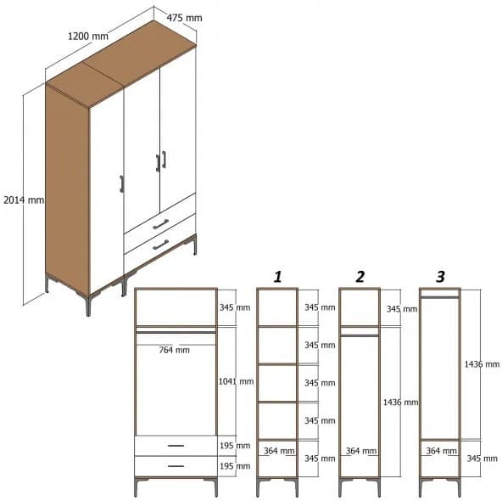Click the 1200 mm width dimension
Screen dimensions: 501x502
pyautogui.click(x=88, y=37)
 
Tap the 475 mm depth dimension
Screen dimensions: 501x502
pyautogui.click(x=184, y=18)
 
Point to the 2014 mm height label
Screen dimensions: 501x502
pyautogui.click(x=23, y=200)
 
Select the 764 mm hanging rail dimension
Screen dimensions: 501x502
pyautogui.click(x=176, y=349)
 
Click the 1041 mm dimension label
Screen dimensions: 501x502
pyautogui.click(x=235, y=381)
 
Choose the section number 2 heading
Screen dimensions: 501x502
pyautogui.click(x=360, y=277)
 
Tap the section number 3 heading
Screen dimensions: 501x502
pyautogui.click(x=439, y=277)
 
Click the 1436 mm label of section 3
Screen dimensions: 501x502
pyautogui.click(x=481, y=364)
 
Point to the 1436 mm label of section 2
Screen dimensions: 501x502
pyautogui.click(x=400, y=401)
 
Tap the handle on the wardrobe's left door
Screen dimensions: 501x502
pyautogui.click(x=122, y=184)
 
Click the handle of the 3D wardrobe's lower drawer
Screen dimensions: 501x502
pyautogui.click(x=159, y=245)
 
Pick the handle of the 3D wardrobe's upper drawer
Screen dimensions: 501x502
pyautogui.click(x=160, y=223)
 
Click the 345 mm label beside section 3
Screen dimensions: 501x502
pyautogui.click(x=481, y=459)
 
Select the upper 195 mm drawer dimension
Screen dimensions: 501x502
pyautogui.click(x=235, y=446)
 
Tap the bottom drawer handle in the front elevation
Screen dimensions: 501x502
pyautogui.click(x=176, y=465)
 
